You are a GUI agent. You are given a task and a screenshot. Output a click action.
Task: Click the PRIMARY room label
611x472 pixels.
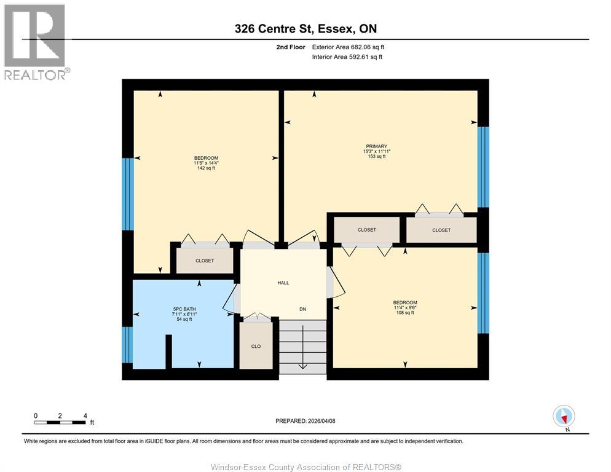(x=377, y=146)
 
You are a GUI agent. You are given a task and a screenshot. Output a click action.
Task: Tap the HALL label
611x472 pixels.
(x=283, y=283)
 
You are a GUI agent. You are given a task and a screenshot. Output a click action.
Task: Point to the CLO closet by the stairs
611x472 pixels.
(x=256, y=346)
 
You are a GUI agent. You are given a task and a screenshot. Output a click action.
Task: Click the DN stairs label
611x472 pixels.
(x=302, y=309)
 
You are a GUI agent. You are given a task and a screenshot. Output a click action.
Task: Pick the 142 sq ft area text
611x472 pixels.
(x=206, y=168)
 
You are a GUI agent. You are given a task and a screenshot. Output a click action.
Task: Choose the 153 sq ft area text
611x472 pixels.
(x=377, y=157)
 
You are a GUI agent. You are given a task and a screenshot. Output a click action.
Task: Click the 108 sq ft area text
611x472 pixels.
(x=405, y=313)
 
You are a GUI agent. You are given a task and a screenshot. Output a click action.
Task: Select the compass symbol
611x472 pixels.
(x=564, y=416)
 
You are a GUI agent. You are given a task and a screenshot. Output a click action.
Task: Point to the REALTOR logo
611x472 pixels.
(x=36, y=42)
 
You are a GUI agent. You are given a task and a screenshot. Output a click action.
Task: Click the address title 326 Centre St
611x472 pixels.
(x=305, y=28)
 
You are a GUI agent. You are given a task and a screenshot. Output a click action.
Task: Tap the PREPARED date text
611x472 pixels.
(x=305, y=421)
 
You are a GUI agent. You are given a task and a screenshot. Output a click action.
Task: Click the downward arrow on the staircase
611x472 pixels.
(x=302, y=366)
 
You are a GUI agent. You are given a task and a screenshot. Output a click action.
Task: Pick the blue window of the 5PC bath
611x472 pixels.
(x=127, y=344)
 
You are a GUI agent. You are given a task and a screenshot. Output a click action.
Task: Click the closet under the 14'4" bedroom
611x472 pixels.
(x=205, y=261)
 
